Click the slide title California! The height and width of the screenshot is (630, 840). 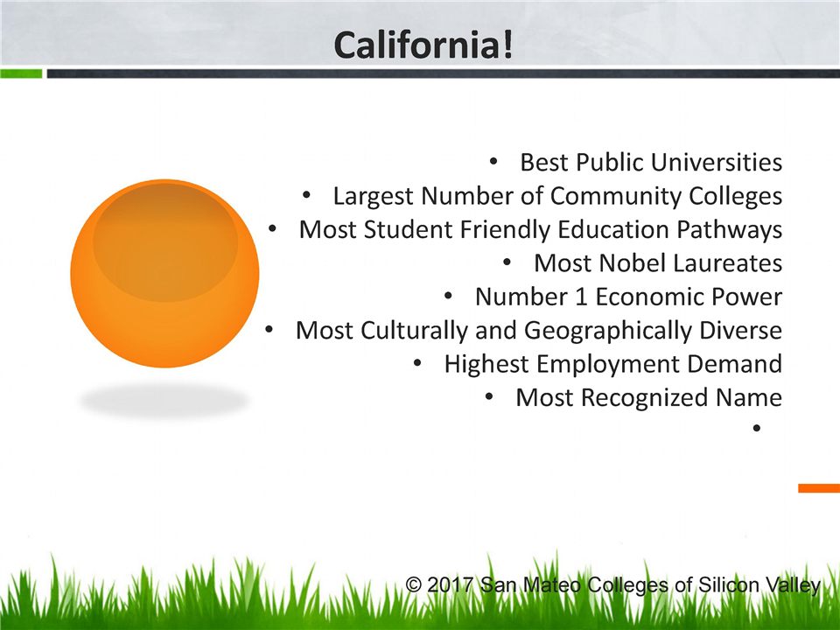coord(423,45)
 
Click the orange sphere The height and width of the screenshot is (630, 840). coord(165,273)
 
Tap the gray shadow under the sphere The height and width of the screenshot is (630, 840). coord(164,400)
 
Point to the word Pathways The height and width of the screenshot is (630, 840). coord(729,230)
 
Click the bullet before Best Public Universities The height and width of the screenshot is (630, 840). coord(493,161)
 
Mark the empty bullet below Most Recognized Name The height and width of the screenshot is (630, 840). coord(756,428)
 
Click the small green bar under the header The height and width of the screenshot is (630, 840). coord(21,73)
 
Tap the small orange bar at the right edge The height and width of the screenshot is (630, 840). coord(819,488)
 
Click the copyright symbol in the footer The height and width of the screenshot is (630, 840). coord(413,584)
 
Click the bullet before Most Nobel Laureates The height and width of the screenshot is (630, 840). coord(507,262)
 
